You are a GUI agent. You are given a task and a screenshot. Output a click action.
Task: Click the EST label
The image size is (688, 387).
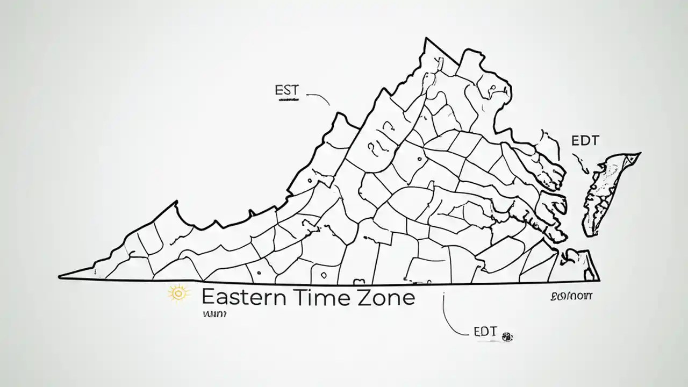286,90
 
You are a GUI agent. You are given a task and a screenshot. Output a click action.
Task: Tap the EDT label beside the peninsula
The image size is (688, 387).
585,141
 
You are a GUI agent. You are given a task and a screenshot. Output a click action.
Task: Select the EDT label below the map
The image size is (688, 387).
485,332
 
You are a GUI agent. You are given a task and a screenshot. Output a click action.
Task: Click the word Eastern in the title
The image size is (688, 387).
245,297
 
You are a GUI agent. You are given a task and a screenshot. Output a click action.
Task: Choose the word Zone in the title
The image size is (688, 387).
386,297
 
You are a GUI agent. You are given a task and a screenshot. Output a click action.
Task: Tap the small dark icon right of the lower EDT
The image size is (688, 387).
507,337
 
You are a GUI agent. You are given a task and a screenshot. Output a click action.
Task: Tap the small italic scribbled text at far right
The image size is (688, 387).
571,296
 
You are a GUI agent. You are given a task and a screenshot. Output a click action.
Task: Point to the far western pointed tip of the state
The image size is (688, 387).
60,277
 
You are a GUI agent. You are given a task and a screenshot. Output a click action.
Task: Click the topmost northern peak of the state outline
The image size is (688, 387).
426,39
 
